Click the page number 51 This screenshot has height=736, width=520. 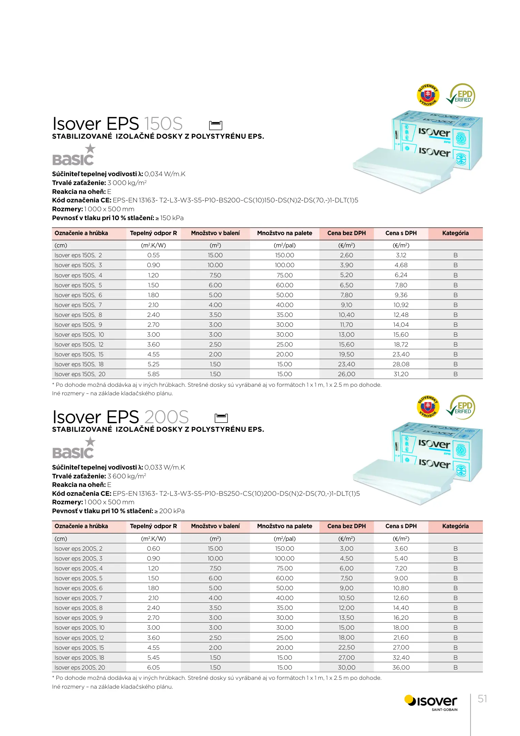point(482,699)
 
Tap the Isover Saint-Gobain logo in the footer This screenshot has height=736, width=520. point(431,702)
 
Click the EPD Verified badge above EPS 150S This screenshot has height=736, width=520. point(461,96)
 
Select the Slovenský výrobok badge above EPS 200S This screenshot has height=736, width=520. point(428,407)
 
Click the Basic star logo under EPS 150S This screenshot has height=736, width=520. point(74,155)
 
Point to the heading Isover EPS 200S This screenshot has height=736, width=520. point(120,417)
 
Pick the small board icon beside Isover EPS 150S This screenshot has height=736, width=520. point(215,125)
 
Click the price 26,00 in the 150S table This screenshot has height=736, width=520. point(346,374)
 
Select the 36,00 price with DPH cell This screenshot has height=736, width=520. point(401,668)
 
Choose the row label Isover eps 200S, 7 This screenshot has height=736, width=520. point(78,598)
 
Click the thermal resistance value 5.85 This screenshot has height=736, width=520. point(153,374)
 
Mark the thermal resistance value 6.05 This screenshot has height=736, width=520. point(153,668)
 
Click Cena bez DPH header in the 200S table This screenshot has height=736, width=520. point(346,526)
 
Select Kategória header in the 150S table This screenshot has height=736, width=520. point(455,233)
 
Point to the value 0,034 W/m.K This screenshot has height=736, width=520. point(165,174)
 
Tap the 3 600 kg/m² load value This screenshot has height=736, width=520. point(127,476)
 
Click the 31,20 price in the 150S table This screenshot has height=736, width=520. point(401,374)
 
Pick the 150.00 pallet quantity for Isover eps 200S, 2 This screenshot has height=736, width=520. point(284,549)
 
